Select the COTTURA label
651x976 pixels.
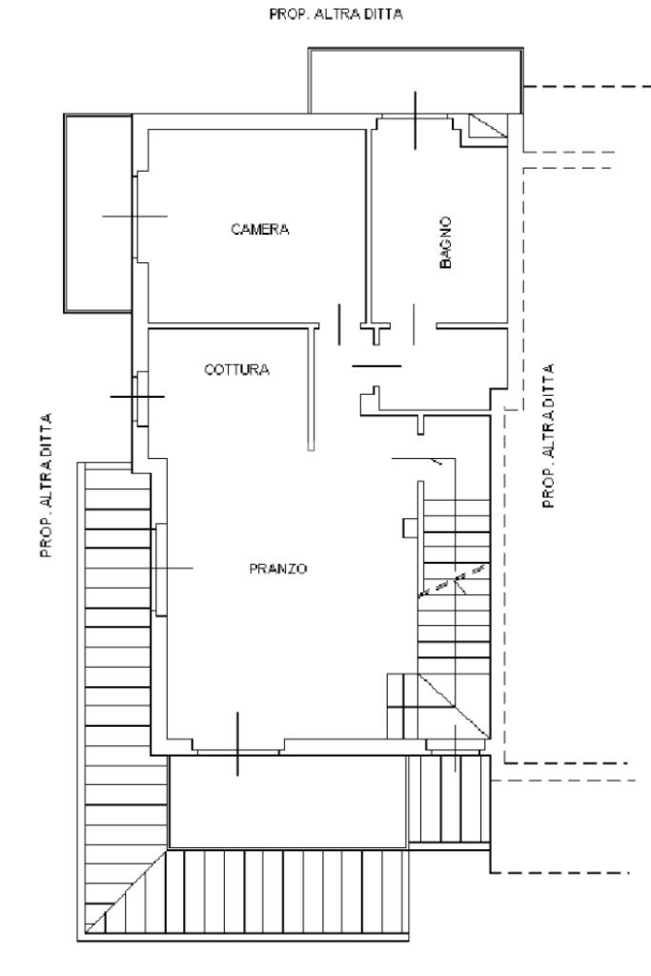237,370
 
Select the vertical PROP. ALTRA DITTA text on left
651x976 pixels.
46,484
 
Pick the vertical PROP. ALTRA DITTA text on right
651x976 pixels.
549,435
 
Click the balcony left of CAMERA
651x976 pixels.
97,212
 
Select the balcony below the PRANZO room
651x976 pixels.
287,800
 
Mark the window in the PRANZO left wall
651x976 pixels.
160,569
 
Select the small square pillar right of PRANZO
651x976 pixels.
408,527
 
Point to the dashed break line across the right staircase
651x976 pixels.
454,580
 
